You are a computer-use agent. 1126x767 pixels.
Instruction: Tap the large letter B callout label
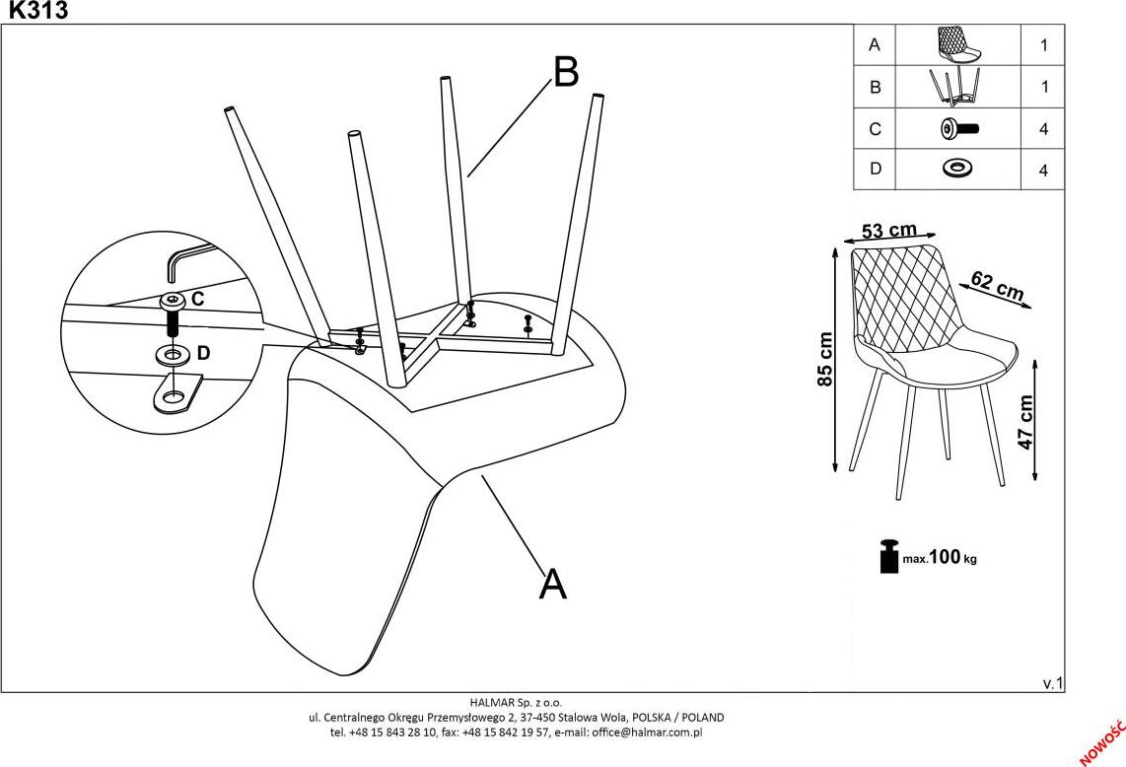(566, 72)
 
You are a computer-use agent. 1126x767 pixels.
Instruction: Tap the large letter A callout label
(553, 585)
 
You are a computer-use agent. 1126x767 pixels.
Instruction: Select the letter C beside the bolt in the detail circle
(197, 298)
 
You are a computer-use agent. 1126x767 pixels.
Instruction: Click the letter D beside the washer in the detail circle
(204, 352)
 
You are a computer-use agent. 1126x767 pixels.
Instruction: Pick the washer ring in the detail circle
(174, 353)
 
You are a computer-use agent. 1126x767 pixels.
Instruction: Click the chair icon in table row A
(955, 44)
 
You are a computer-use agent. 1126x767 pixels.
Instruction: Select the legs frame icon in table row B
(955, 87)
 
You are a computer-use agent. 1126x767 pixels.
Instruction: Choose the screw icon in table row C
(955, 128)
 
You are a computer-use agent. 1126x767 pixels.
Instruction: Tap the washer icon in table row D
(955, 169)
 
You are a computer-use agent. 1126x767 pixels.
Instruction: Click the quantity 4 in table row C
(1042, 129)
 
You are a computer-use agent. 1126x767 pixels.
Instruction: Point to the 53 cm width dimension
(888, 232)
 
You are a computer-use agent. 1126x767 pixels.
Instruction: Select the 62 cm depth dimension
(997, 285)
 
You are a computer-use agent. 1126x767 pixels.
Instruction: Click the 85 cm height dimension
(826, 359)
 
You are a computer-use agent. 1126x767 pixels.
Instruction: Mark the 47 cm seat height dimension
(1024, 422)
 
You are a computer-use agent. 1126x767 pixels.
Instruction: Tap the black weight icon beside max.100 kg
(888, 556)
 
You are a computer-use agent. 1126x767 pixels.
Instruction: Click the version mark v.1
(1052, 682)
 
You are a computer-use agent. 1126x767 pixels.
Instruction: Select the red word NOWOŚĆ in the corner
(1101, 742)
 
